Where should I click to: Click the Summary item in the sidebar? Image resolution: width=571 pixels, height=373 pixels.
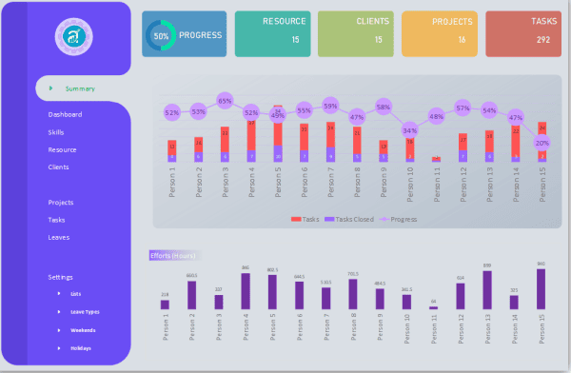coord(80,88)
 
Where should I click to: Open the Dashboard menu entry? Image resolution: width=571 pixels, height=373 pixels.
coord(65,114)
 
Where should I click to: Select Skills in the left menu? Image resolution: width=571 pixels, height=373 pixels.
coord(56,132)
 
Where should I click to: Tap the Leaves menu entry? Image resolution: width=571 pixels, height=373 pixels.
coord(59,237)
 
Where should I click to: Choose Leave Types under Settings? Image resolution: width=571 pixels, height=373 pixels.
coord(85,311)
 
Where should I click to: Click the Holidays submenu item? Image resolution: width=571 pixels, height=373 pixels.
coord(82,348)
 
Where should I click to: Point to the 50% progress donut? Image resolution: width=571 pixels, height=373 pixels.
coord(161,35)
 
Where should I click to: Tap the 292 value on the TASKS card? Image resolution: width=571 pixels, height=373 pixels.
coord(542,40)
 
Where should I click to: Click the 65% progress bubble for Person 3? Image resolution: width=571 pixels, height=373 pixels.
coord(225,100)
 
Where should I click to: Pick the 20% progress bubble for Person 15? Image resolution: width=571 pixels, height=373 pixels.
coord(541,143)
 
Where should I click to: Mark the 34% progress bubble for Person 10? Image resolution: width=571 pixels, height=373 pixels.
coord(409,130)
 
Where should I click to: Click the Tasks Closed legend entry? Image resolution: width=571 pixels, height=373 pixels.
coord(351,219)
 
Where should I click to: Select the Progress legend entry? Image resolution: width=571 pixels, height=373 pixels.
coord(401,219)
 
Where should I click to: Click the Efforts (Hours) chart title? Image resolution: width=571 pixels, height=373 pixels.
coord(172,255)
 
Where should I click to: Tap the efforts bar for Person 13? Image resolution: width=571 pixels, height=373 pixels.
coord(487,290)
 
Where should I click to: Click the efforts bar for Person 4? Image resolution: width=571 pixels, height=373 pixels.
coord(246,291)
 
